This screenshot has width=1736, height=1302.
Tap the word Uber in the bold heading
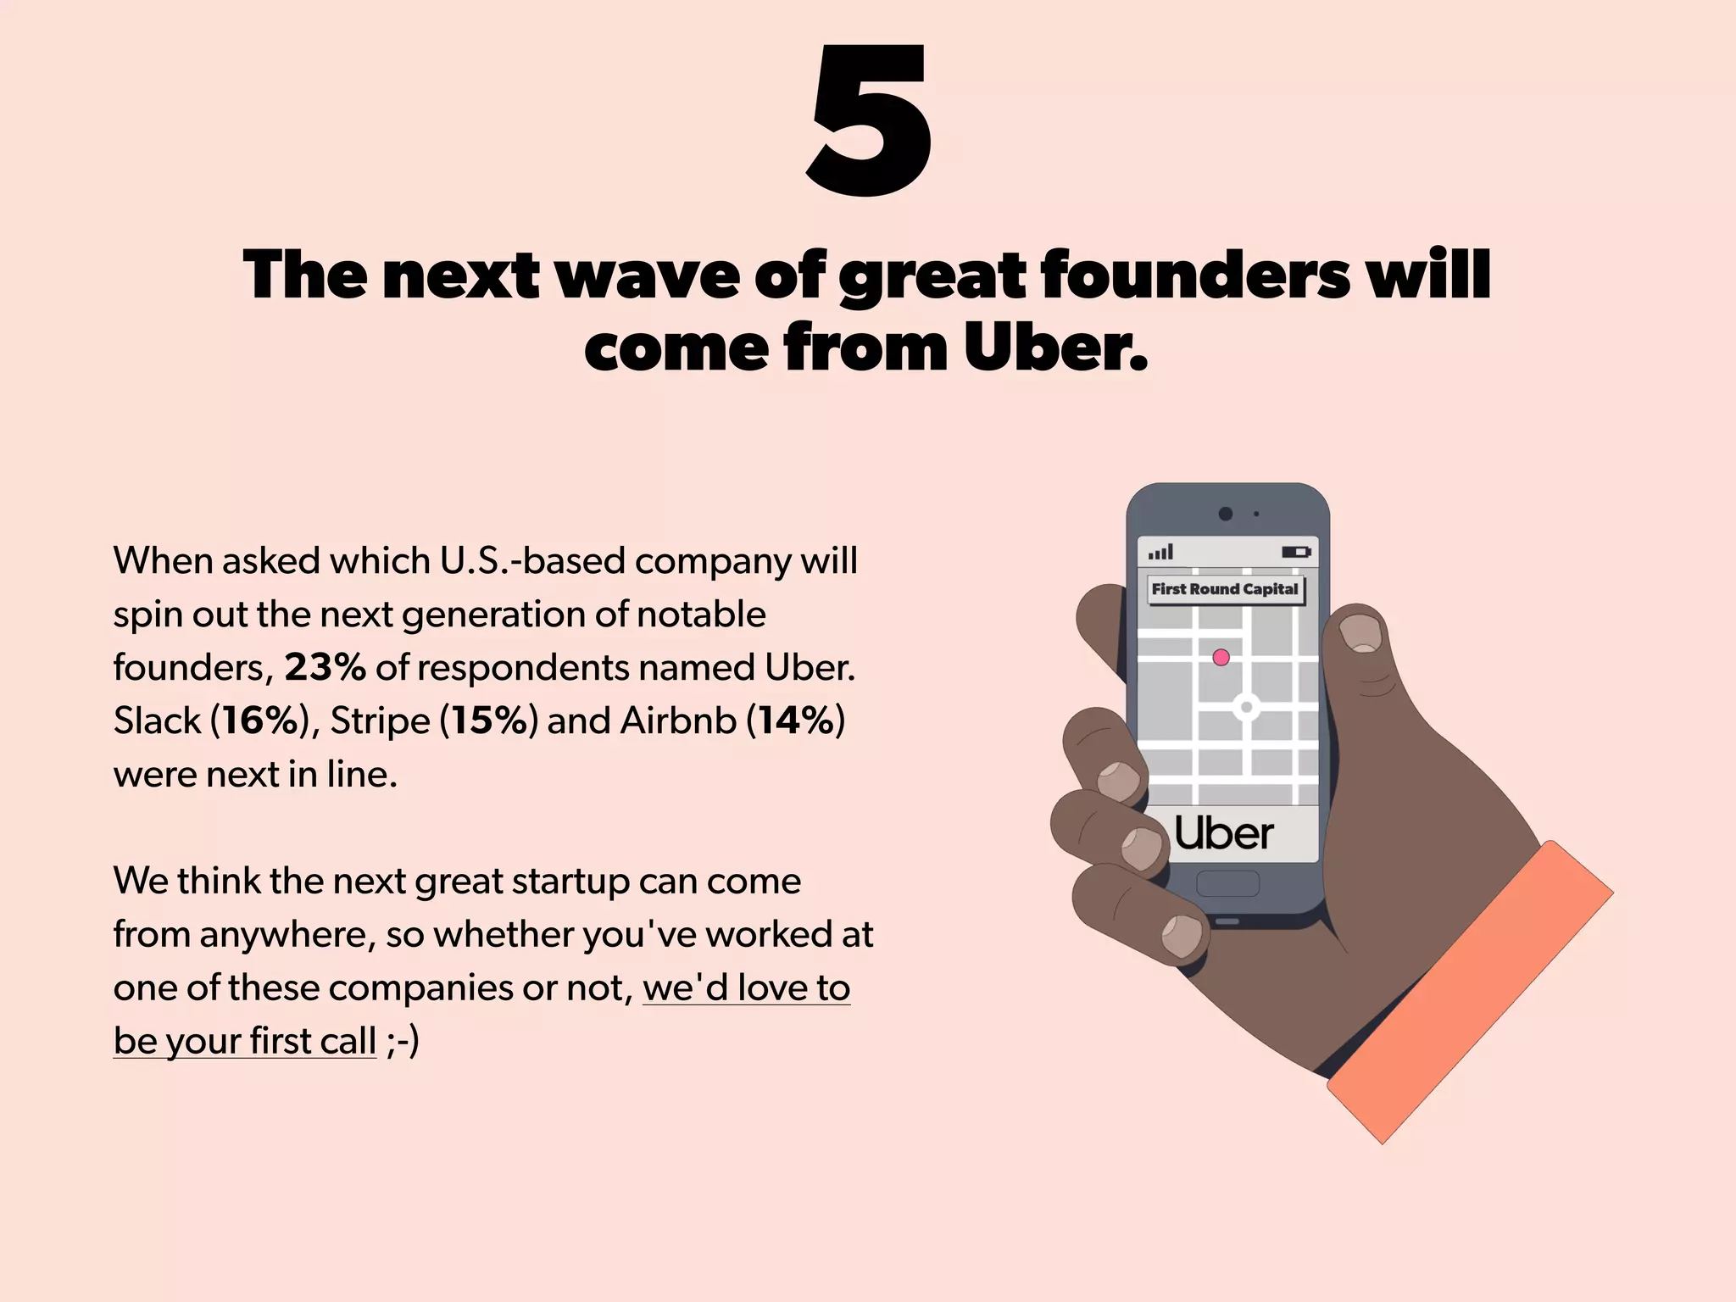pos(1054,348)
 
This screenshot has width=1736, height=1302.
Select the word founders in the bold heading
pos(1194,275)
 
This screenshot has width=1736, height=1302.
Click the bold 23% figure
pos(325,668)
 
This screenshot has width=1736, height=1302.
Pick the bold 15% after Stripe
pos(489,721)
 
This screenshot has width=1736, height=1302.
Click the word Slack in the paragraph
pos(157,721)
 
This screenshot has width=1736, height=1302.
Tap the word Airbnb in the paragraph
pos(678,721)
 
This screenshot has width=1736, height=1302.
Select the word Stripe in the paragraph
pos(380,721)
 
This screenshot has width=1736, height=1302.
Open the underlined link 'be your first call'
pos(245,1041)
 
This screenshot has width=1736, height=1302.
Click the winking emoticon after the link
pos(402,1041)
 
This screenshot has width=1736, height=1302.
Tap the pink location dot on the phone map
pos(1221,657)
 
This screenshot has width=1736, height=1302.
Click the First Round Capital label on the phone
pos(1225,589)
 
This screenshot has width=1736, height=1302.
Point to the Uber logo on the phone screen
pos(1223,834)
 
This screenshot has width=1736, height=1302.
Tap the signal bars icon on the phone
pos(1160,553)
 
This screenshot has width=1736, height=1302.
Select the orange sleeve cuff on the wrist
pos(1471,992)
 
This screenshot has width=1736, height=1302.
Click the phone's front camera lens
pos(1225,514)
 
